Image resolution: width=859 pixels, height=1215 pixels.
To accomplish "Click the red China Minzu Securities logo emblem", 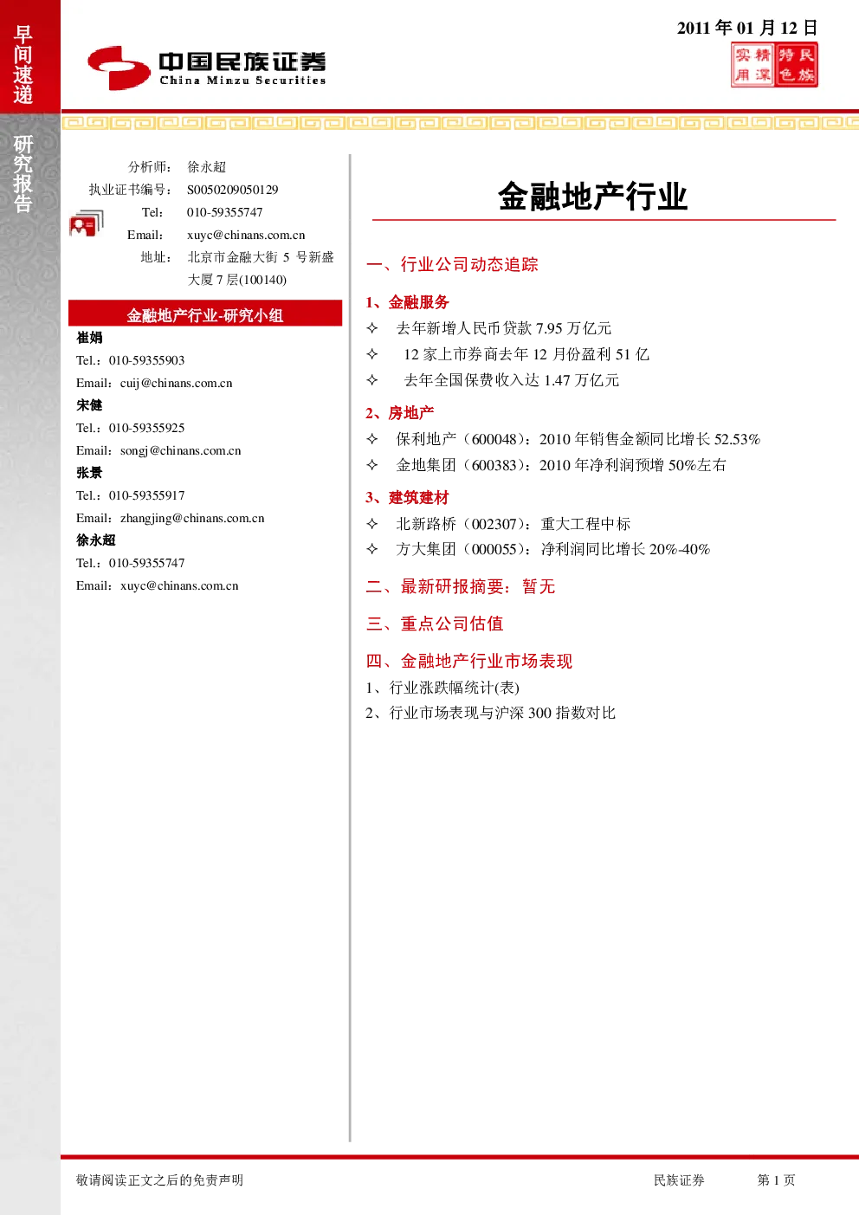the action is coord(119,68).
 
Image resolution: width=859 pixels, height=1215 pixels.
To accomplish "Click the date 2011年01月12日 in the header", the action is coord(747,28).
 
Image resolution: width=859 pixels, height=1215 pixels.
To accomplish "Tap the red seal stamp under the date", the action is coord(774,65).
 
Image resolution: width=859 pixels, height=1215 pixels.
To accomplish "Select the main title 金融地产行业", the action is coord(593,196).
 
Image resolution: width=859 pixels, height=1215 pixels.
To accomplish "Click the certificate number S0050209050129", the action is coord(233,190).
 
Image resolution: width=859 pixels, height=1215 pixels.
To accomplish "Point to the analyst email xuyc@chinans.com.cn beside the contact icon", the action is coord(246,235).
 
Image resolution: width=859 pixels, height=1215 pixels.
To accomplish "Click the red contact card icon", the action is coord(86,223).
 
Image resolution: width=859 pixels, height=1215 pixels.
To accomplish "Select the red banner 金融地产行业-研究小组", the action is coord(205,313).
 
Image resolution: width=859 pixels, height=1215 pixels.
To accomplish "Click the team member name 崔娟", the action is coord(89,338).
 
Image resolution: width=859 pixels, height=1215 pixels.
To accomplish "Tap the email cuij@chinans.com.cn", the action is coord(177,383).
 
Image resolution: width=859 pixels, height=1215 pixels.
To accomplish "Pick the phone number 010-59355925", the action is coord(146,428).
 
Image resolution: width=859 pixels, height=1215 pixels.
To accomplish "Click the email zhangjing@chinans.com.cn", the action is coord(192,518).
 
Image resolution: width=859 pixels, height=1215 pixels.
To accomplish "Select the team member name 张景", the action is coord(89,473).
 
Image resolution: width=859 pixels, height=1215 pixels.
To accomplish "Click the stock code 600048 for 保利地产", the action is coord(494,439).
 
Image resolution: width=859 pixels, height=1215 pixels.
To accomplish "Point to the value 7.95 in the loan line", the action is coord(549,328).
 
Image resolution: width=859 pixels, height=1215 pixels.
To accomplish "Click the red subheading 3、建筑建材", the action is coord(407,497).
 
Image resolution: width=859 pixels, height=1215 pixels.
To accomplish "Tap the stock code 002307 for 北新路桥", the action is coord(494,524).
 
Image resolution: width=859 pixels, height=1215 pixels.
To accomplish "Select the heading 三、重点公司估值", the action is coord(435,624).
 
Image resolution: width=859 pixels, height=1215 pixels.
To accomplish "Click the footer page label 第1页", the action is coord(776,1179).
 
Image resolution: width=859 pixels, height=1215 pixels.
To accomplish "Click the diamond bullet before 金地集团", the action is coord(372,465).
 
